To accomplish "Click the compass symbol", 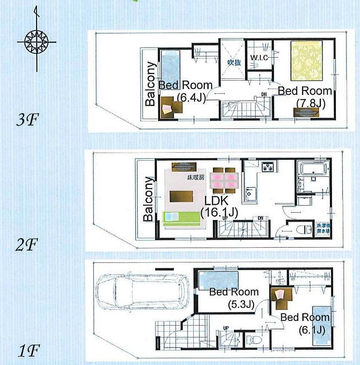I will [37, 42].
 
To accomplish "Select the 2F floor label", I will [27, 245].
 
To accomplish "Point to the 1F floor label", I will [28, 351].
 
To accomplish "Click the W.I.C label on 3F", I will [259, 58].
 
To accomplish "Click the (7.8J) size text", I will [310, 103].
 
